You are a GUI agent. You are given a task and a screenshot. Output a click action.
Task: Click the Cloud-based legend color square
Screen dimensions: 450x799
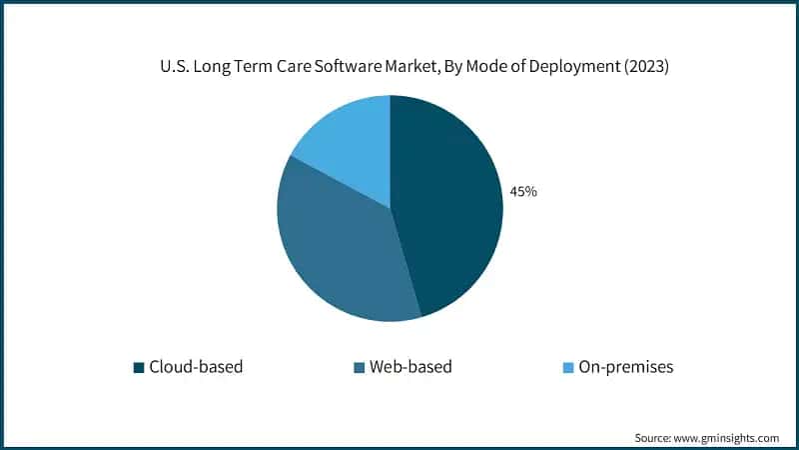(139, 367)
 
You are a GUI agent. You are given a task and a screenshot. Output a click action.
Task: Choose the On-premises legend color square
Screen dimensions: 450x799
(567, 367)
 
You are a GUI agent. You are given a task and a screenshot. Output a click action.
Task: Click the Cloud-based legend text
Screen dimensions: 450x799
(196, 367)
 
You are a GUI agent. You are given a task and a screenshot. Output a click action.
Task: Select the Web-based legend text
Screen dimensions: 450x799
(410, 367)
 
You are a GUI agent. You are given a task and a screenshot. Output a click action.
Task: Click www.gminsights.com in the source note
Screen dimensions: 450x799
(728, 437)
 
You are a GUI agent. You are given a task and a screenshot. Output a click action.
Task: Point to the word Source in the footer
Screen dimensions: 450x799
(654, 437)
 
